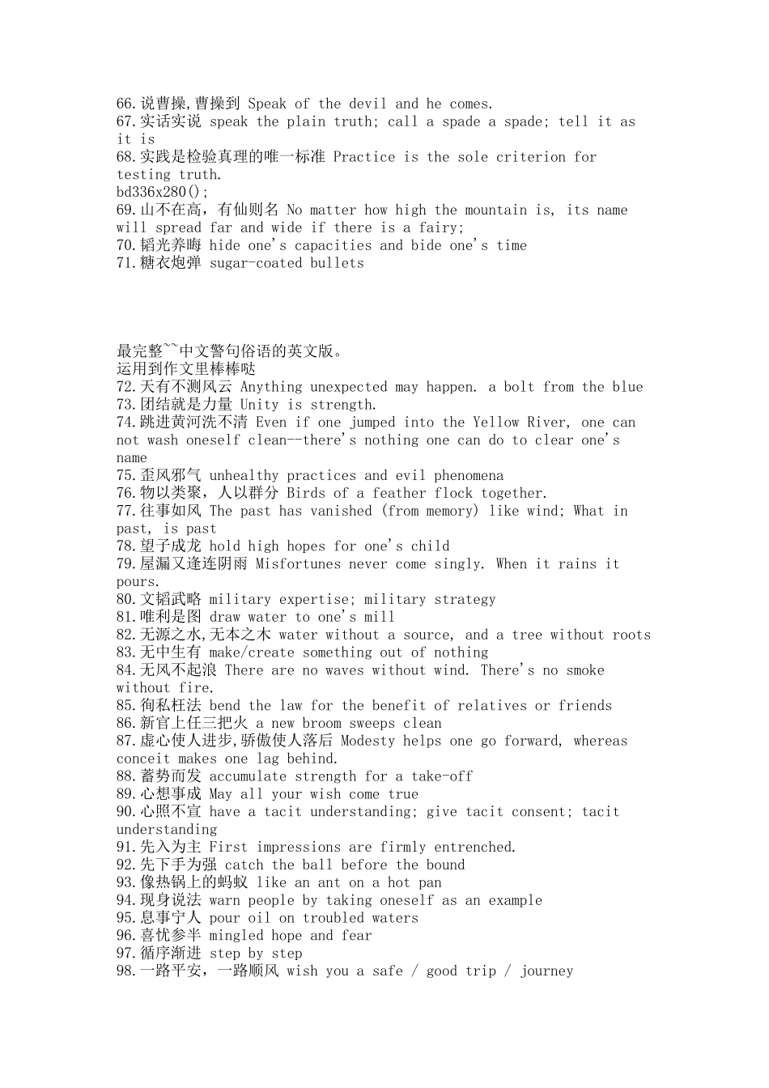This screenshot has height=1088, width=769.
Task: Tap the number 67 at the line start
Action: coord(125,121)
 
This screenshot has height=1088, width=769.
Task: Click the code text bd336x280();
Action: coord(163,192)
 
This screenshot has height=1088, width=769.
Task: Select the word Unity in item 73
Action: coord(259,405)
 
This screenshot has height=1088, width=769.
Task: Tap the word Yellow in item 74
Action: coord(496,423)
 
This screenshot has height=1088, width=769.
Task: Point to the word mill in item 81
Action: coord(379,618)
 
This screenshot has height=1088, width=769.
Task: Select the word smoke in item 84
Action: coord(585,670)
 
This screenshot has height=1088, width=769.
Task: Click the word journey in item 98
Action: coord(546,971)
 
